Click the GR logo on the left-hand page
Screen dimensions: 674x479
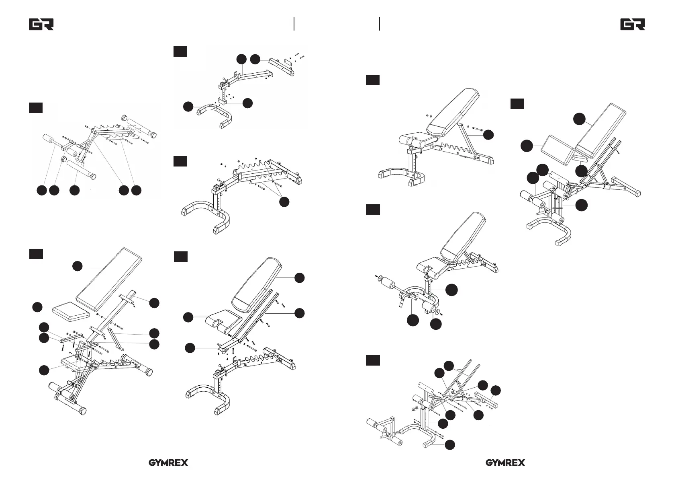tap(41, 25)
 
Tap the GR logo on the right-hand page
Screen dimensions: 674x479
tap(633, 25)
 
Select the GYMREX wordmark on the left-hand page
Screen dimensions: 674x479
tap(169, 463)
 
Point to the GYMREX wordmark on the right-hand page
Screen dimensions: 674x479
tap(505, 463)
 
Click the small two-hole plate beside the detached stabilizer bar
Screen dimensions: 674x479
tap(288, 65)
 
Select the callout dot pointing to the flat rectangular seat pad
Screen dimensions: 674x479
tap(37, 307)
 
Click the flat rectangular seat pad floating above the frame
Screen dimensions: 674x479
tap(71, 310)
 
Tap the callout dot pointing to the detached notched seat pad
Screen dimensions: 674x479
tap(188, 317)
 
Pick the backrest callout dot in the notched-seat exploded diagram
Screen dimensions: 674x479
tap(299, 278)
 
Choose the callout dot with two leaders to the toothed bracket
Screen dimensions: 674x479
tap(284, 202)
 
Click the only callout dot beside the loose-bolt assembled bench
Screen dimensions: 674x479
tap(488, 135)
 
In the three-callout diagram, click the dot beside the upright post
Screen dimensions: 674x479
tap(451, 290)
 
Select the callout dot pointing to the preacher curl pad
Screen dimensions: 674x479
tap(527, 146)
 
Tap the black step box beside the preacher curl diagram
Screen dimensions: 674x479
tap(517, 104)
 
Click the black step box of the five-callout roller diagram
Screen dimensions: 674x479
tap(35, 107)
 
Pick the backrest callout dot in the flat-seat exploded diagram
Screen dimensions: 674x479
tap(78, 266)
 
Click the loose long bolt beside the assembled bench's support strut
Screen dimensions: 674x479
tap(478, 129)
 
